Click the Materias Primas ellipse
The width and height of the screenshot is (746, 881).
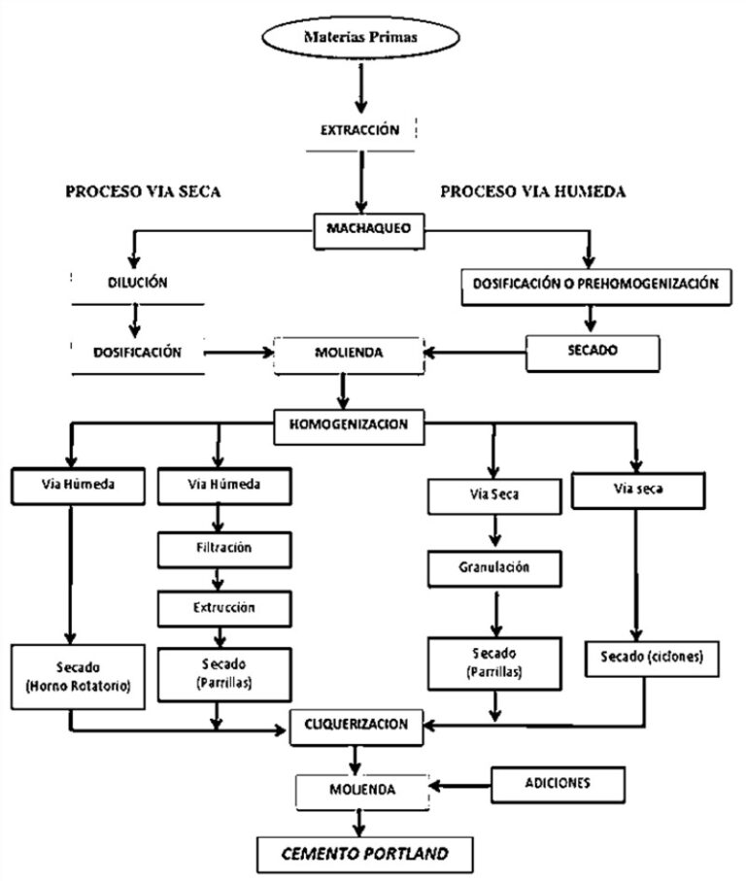point(362,40)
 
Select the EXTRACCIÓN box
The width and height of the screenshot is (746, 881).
point(360,130)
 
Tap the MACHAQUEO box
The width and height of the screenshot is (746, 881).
point(361,230)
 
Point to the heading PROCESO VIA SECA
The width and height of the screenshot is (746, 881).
point(143,191)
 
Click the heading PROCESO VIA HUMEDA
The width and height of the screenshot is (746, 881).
point(532,191)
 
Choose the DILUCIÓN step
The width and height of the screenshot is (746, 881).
point(138,284)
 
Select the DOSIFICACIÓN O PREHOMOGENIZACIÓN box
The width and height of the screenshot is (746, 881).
point(595,284)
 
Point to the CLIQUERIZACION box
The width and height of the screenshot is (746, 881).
point(357,725)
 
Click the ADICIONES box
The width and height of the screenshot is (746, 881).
point(555,780)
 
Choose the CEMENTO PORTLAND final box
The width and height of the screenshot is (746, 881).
point(365,854)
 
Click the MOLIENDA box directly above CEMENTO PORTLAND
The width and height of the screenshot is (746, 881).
point(360,790)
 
